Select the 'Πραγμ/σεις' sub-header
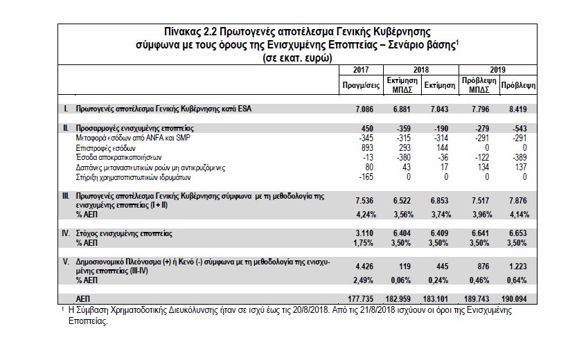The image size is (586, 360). pyautogui.click(x=360, y=86)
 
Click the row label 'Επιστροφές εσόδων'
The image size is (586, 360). pyautogui.click(x=106, y=147)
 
